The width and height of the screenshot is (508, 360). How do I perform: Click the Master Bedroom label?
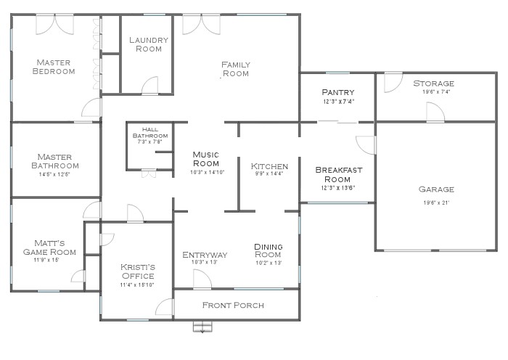coord(55,67)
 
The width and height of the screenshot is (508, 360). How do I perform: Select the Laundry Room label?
coord(149,44)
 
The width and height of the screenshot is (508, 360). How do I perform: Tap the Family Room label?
coord(235,69)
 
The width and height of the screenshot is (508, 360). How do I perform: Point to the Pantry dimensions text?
coord(337,102)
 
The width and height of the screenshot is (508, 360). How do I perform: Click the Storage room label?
coord(433,83)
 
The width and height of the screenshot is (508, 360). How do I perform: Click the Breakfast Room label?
coord(337,174)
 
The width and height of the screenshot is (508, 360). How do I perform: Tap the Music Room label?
coord(205,158)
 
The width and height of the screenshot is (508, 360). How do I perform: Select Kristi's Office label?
coord(136,271)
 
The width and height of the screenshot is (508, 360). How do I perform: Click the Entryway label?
coord(205,255)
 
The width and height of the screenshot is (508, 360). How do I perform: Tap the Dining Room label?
coord(268,251)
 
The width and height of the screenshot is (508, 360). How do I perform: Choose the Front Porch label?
coord(233,305)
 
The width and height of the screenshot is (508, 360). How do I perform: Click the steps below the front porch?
coord(202,327)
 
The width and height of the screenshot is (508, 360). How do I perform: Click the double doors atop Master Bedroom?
coord(55,24)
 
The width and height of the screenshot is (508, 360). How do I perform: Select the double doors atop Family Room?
coord(201,24)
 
